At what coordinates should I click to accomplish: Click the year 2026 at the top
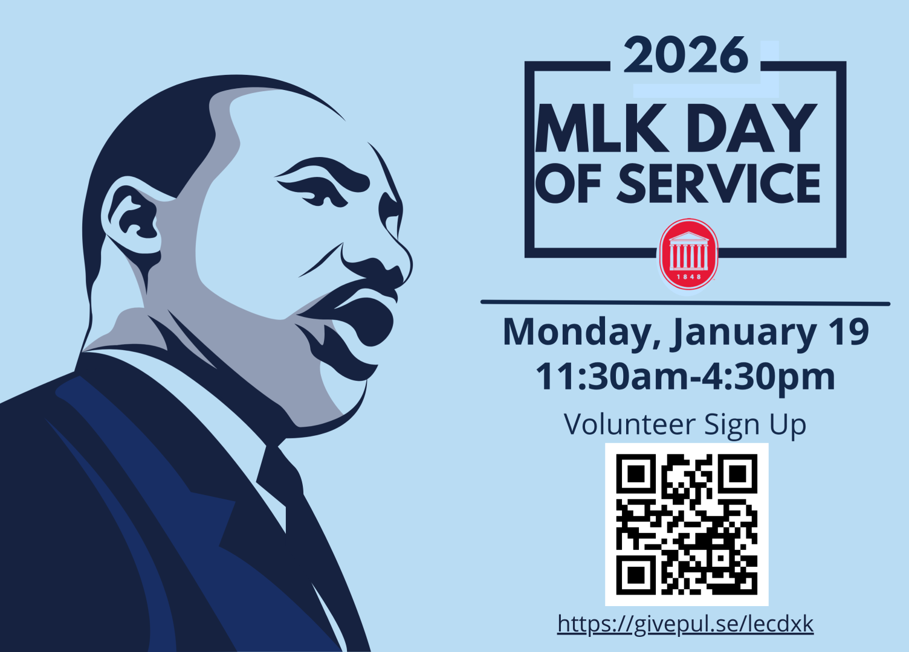(686, 55)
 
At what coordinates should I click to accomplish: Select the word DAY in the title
(751, 127)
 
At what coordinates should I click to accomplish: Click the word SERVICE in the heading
(718, 183)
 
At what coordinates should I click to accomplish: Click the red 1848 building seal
(688, 254)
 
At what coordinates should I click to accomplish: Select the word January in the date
(743, 332)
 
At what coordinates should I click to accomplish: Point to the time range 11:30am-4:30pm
(685, 377)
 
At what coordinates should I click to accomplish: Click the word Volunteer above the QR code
(630, 424)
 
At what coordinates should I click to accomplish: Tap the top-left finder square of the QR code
(636, 474)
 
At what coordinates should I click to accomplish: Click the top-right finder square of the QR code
(737, 474)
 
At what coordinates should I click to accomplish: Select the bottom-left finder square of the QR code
(636, 575)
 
